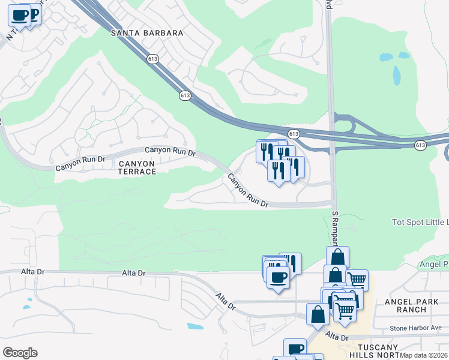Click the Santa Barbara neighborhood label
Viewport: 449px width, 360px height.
coord(147,33)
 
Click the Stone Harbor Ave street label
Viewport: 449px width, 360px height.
coord(415,328)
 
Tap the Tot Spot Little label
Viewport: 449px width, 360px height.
coord(420,222)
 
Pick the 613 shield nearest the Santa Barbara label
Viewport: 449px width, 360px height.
coord(152,59)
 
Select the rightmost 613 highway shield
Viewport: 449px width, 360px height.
coord(420,145)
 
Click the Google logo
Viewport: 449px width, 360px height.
coord(20,352)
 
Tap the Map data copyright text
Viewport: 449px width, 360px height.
coord(424,356)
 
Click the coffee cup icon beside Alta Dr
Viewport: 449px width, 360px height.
coord(277,278)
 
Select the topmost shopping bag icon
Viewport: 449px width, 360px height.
coord(337,257)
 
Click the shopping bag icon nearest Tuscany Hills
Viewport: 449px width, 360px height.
coord(318,314)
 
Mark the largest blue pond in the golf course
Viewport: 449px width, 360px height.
coord(396,76)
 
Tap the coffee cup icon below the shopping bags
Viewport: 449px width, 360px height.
coord(295,349)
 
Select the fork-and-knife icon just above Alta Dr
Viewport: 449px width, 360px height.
coord(291,263)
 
